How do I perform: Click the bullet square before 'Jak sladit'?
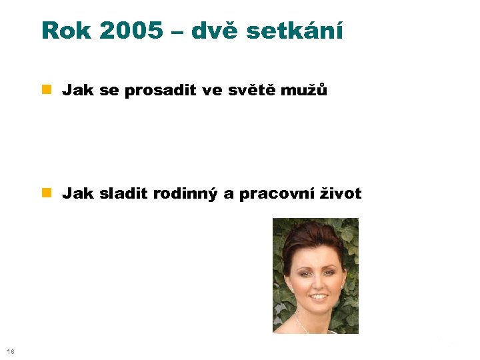click(47, 194)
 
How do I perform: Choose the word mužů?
click(306, 91)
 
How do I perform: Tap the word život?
click(339, 194)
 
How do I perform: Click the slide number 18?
click(9, 352)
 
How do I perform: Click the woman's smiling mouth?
click(319, 297)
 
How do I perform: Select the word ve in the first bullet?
click(211, 91)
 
